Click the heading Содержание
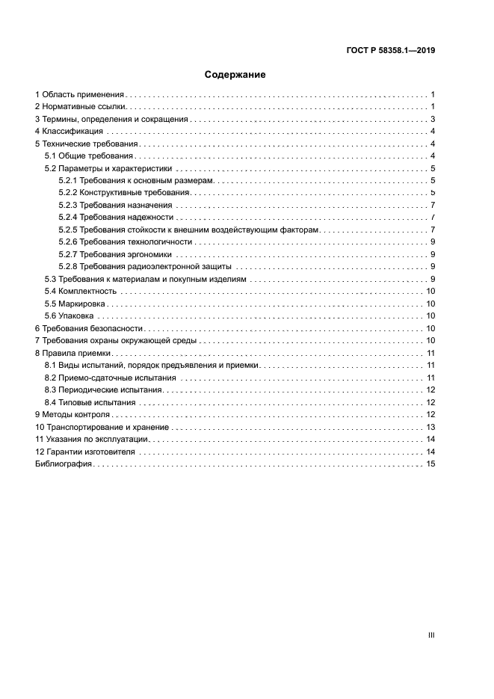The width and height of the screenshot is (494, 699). (235, 75)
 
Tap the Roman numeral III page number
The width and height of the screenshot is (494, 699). (430, 635)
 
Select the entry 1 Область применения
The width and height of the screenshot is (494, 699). (80, 95)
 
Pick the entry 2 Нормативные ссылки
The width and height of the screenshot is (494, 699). (79, 108)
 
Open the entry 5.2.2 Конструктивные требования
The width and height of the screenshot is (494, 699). (124, 193)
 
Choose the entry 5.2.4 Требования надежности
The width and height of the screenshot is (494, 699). (115, 218)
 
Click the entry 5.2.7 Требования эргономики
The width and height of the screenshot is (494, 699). (116, 254)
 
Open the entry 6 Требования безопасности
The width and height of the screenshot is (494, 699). (89, 328)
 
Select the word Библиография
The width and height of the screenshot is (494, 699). (64, 464)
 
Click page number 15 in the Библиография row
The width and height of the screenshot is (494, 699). (430, 464)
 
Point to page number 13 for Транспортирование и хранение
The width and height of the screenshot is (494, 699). (430, 427)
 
